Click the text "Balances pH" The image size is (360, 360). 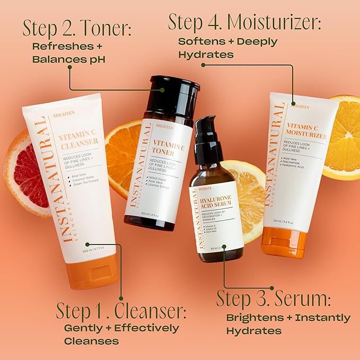(x=69, y=59)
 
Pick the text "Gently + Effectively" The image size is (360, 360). (x=121, y=328)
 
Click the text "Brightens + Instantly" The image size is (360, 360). (x=288, y=318)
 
